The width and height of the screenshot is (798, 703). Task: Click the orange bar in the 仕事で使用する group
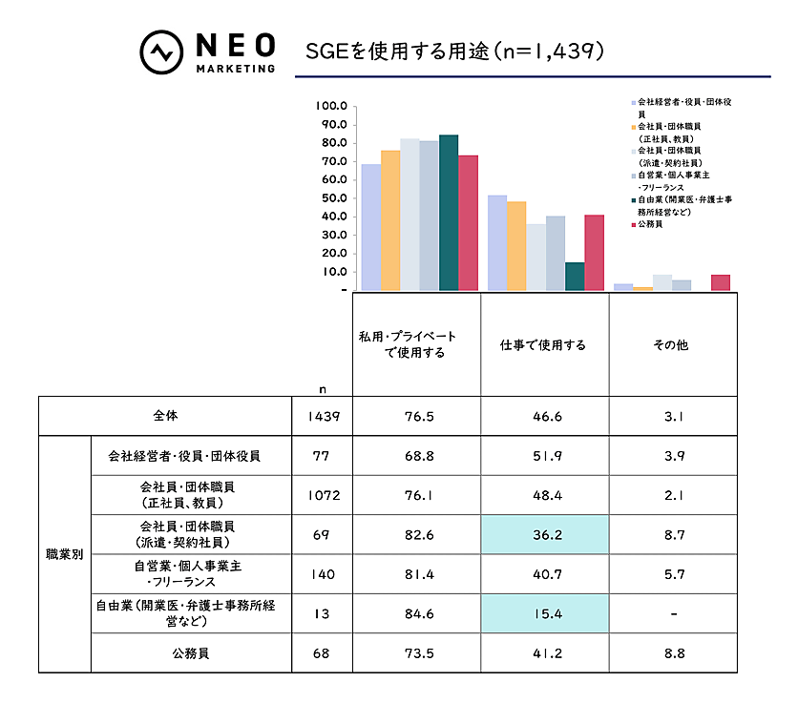pyautogui.click(x=516, y=246)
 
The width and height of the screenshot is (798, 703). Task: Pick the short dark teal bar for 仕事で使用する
pyautogui.click(x=575, y=277)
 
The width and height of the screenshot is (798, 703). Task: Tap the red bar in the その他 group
pyautogui.click(x=721, y=282)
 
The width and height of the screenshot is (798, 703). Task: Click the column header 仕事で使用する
pyautogui.click(x=543, y=345)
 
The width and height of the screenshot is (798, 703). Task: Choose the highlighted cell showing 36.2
pyautogui.click(x=544, y=534)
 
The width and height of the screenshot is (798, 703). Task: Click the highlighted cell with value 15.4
pyautogui.click(x=544, y=613)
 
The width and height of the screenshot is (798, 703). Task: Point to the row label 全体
pyautogui.click(x=165, y=416)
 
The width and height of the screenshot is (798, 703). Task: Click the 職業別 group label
pyautogui.click(x=65, y=554)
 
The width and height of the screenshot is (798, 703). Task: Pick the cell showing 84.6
pyautogui.click(x=416, y=613)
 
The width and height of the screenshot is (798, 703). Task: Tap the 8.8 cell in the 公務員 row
pyautogui.click(x=673, y=653)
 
